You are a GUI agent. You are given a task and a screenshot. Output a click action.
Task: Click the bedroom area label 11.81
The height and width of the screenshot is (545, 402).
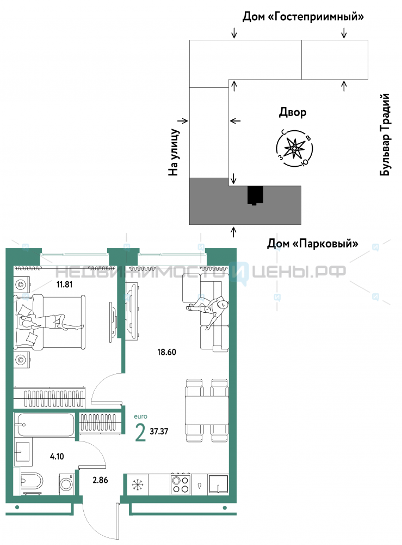(65, 284)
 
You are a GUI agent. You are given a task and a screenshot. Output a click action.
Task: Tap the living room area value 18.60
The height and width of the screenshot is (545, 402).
(166, 352)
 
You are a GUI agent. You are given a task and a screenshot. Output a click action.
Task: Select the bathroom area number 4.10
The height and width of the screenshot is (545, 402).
(57, 456)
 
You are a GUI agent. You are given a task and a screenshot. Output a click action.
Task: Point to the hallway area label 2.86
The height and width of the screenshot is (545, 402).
(100, 480)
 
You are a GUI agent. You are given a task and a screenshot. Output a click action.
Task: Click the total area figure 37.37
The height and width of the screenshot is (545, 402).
(159, 431)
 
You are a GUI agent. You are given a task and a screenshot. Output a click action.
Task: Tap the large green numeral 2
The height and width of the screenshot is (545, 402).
(140, 433)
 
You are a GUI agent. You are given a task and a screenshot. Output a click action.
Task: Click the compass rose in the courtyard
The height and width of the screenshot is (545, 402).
(294, 148)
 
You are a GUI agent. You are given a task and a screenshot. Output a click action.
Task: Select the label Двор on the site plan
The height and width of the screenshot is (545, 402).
(293, 112)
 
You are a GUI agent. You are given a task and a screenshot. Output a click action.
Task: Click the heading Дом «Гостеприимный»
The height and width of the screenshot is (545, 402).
(303, 16)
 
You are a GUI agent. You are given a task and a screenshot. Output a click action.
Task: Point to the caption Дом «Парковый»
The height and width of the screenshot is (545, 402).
(312, 243)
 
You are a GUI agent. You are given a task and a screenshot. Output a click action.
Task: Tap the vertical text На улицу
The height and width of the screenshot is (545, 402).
(174, 152)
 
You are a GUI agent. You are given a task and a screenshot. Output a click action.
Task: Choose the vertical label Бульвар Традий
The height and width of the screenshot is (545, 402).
(385, 135)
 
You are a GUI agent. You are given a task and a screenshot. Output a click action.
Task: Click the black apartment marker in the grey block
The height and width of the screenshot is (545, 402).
(255, 195)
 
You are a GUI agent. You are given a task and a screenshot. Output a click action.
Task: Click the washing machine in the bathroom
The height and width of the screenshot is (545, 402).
(66, 483)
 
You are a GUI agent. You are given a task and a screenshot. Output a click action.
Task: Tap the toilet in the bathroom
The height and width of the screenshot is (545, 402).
(31, 481)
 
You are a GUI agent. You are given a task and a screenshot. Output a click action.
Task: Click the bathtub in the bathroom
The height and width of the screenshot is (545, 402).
(45, 425)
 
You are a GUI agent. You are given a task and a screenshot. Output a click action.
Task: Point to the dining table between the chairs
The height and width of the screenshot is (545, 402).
(206, 410)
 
